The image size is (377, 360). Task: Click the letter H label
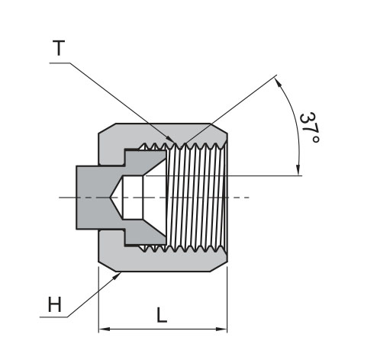54,305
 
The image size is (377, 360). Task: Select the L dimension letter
162,316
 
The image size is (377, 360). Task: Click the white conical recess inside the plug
134,197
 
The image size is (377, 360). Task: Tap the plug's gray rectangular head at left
90,197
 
